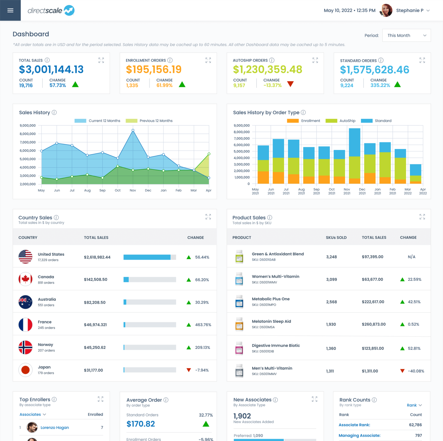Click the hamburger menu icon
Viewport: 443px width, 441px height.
pyautogui.click(x=10, y=10)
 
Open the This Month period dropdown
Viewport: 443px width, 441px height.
pyautogui.click(x=406, y=35)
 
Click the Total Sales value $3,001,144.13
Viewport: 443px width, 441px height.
pyautogui.click(x=51, y=69)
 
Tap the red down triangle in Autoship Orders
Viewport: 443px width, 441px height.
pyautogui.click(x=290, y=84)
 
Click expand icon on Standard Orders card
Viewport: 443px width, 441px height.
pyautogui.click(x=422, y=60)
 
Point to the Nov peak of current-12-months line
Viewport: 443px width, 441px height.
pyautogui.click(x=133, y=130)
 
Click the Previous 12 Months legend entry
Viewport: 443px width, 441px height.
pyautogui.click(x=149, y=121)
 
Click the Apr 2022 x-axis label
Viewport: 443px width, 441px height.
pyautogui.click(x=423, y=191)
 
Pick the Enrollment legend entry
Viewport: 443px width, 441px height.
pyautogui.click(x=304, y=121)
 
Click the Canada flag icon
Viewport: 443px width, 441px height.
pyautogui.click(x=25, y=279)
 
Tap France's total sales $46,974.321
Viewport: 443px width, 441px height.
pyautogui.click(x=95, y=325)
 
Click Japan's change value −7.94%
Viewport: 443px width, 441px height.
pyautogui.click(x=202, y=370)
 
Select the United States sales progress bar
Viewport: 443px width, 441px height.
pyautogui.click(x=150, y=257)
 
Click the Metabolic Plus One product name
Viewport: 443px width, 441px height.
pyautogui.click(x=271, y=299)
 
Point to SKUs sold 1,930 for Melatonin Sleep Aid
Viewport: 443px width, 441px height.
pyautogui.click(x=331, y=324)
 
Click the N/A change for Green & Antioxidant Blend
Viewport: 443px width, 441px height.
pyautogui.click(x=411, y=257)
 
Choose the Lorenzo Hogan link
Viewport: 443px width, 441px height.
pyautogui.click(x=55, y=427)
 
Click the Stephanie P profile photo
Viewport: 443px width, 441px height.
pyautogui.click(x=386, y=10)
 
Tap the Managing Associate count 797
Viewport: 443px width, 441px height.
pyautogui.click(x=418, y=435)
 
